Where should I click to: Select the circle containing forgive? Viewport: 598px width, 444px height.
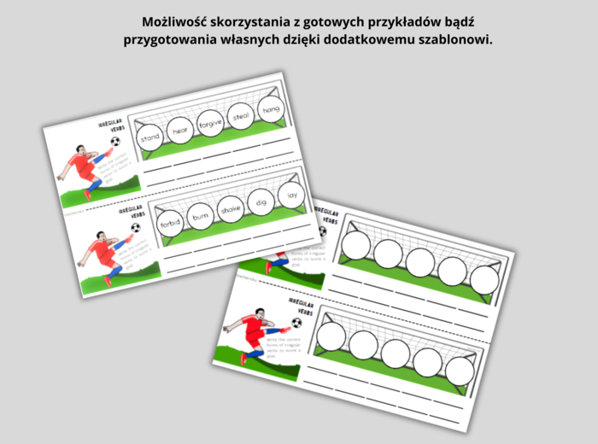(x=210, y=123)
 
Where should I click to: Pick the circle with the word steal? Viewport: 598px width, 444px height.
(x=240, y=116)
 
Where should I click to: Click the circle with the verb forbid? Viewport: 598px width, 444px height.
(x=171, y=224)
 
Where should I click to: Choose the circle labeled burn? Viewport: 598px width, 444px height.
(x=200, y=217)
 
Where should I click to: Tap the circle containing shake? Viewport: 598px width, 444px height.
(x=231, y=210)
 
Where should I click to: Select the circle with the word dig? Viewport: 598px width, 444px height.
(x=261, y=202)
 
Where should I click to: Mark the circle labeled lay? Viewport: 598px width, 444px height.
(x=291, y=195)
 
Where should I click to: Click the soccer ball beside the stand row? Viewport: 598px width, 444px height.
(x=115, y=142)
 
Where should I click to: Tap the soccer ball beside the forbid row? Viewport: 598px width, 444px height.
(x=135, y=228)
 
